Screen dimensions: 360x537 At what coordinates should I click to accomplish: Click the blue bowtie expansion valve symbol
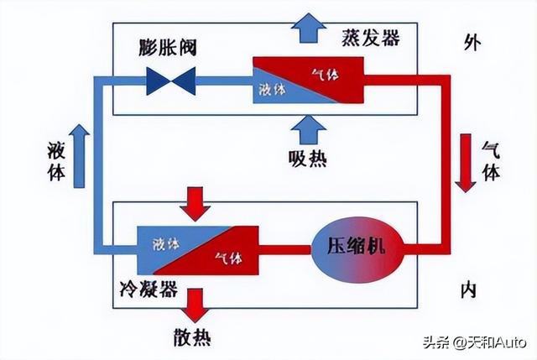pyautogui.click(x=170, y=81)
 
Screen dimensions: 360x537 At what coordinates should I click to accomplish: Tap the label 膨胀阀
pyautogui.click(x=168, y=46)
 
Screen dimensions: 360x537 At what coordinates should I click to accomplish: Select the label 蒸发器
pyautogui.click(x=371, y=38)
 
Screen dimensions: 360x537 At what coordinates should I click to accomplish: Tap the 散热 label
pyautogui.click(x=190, y=338)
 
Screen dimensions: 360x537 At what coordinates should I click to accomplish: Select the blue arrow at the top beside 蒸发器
pyautogui.click(x=310, y=29)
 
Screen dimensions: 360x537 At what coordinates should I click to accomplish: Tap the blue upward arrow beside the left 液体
pyautogui.click(x=79, y=155)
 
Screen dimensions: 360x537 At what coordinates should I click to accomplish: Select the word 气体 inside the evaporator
pyautogui.click(x=324, y=74)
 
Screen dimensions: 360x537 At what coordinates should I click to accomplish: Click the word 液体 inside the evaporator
pyautogui.click(x=269, y=89)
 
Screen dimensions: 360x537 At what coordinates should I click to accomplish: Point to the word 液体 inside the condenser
pyautogui.click(x=165, y=245)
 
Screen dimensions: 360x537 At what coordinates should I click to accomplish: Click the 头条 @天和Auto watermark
pyautogui.click(x=473, y=342)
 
